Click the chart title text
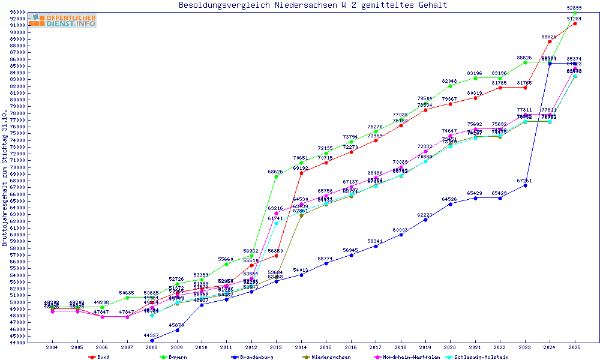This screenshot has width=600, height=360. coord(313,5)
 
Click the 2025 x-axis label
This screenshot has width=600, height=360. coord(575,347)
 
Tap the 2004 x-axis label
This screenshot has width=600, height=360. coord(53,347)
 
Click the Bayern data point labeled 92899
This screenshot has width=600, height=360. coord(575,13)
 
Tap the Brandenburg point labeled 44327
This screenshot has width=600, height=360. coord(152,340)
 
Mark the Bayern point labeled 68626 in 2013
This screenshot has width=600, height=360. coord(276,177)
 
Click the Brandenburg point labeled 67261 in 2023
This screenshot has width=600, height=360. coord(525,185)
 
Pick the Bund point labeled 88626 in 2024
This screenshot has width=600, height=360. coord(550,41)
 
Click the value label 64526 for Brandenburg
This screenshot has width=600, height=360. coord(449,199)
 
